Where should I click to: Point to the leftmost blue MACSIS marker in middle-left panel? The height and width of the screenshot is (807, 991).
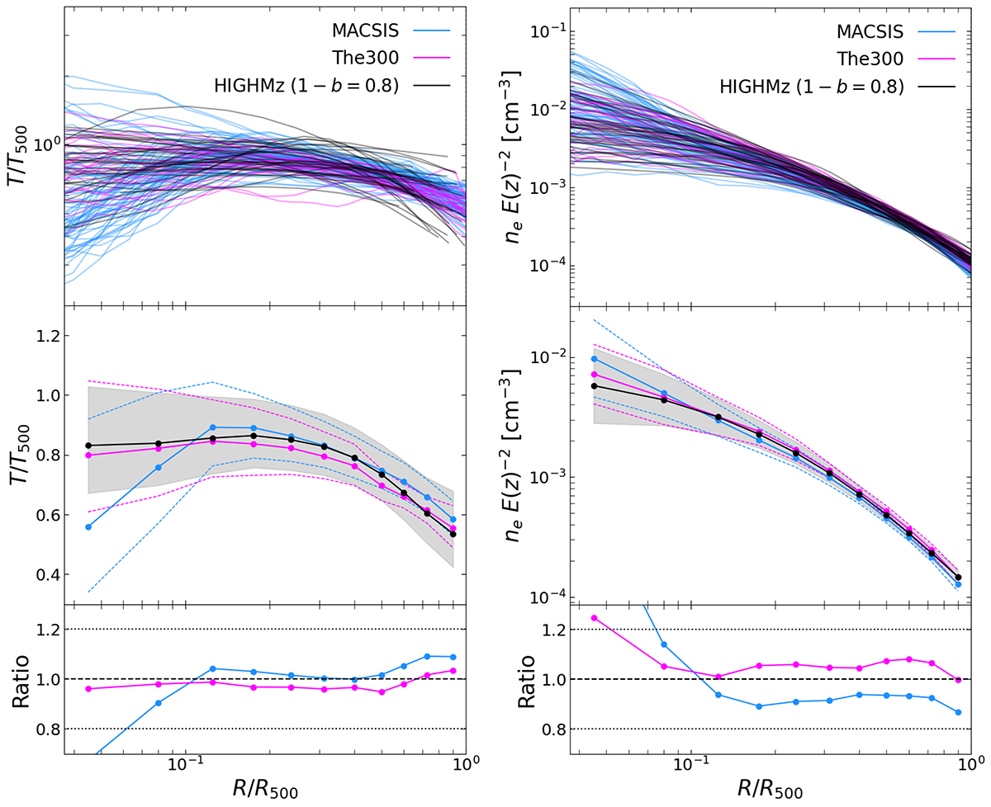[88, 526]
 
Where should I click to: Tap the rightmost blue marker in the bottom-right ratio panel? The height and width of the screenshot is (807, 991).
[959, 712]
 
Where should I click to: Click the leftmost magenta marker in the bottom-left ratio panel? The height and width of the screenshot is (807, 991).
[88, 688]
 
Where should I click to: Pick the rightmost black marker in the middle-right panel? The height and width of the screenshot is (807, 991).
[959, 578]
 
